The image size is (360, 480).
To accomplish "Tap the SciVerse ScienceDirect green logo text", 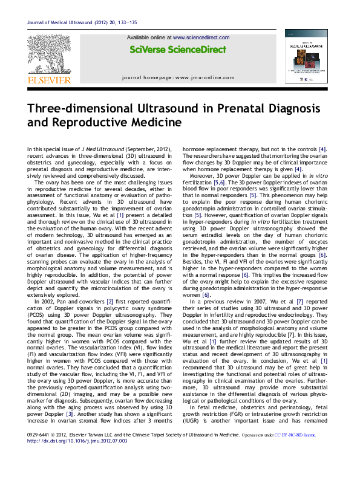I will tap(178, 50).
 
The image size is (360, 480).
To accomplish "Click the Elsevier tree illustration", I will tap(49, 55).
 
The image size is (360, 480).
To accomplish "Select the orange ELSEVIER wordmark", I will tap(49, 80).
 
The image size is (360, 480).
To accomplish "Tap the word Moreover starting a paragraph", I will tap(205, 175).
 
